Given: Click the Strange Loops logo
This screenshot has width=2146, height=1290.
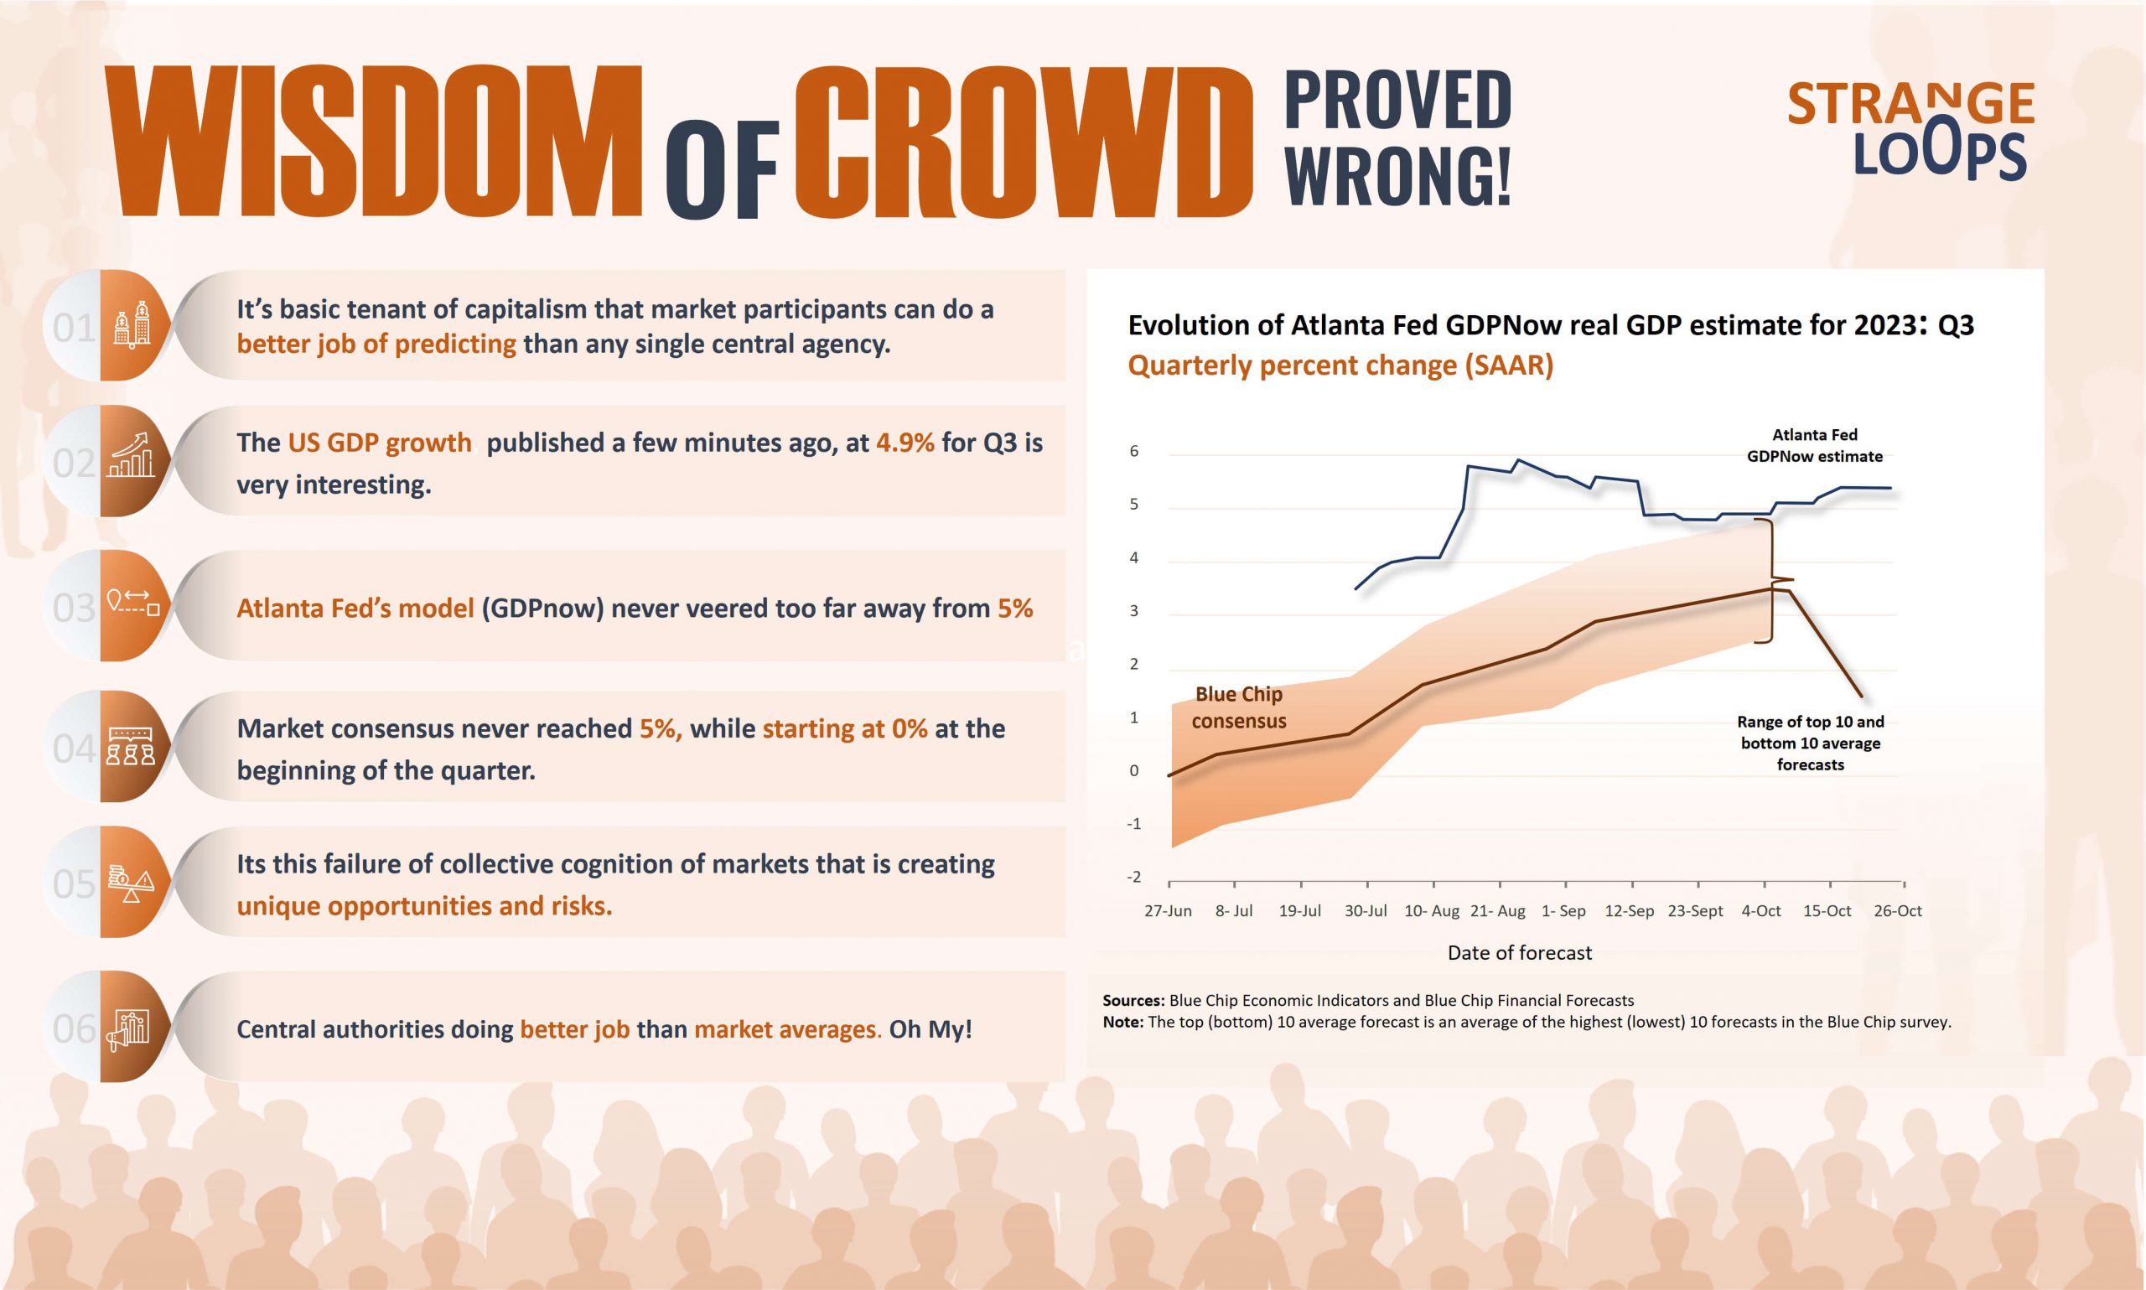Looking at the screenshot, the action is click(1910, 132).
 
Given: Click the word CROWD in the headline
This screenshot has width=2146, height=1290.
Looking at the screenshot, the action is click(1024, 141).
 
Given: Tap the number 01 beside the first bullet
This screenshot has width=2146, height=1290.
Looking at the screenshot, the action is click(74, 328).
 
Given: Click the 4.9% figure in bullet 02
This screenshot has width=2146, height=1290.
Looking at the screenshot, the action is click(905, 443).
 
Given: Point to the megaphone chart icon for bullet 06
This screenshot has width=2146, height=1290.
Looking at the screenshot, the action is click(128, 1030).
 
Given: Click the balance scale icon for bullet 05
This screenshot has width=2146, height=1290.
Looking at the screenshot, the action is click(132, 884).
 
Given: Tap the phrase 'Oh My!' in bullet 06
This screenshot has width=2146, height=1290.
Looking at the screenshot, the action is click(930, 1029).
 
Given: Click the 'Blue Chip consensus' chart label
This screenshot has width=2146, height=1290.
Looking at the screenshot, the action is click(1239, 707).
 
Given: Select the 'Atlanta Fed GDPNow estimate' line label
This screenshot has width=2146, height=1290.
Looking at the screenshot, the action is click(1815, 445).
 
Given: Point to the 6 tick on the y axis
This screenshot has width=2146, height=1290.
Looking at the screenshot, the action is click(1133, 451).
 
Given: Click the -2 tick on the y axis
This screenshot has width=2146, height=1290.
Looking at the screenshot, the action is click(1133, 876).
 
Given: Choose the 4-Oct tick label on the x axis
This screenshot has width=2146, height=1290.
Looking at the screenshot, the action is click(1761, 911).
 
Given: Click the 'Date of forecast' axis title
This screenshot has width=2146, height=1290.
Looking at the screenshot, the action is click(1519, 953).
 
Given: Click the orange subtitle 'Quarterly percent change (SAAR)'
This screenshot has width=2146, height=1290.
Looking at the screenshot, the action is click(1340, 365).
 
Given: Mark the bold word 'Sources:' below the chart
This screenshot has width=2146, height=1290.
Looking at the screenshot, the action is click(1133, 1001).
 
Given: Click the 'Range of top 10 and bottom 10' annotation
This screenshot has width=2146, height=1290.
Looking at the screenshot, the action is click(1811, 743).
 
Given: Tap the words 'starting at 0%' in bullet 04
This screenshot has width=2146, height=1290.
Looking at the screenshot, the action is click(845, 728).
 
